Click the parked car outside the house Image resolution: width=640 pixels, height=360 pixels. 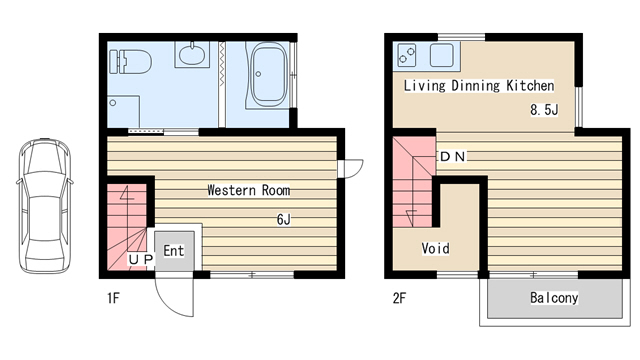[x=45, y=206]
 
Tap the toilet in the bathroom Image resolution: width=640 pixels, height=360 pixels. [x=131, y=62]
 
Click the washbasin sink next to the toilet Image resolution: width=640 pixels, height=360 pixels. [x=193, y=54]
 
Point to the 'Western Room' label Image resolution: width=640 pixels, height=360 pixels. [x=249, y=190]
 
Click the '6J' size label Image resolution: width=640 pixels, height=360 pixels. [x=283, y=220]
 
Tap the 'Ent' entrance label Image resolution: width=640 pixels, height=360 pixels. [x=173, y=251]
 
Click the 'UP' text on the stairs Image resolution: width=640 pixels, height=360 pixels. [x=141, y=259]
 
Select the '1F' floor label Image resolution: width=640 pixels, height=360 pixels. [x=113, y=298]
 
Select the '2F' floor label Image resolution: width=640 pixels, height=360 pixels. [x=399, y=298]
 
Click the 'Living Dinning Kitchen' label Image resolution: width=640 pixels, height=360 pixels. [x=479, y=86]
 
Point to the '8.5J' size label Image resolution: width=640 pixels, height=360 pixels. [x=544, y=109]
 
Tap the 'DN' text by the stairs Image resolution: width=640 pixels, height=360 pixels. [x=453, y=156]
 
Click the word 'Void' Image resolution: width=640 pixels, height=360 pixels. [x=436, y=248]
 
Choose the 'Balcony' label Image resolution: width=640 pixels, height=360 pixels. [x=554, y=298]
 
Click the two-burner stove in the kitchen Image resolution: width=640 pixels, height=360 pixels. [x=407, y=55]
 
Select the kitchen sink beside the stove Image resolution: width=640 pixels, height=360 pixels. [x=441, y=55]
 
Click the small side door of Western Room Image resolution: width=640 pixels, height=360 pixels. [x=350, y=169]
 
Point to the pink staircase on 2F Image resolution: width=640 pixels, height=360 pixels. [x=413, y=182]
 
